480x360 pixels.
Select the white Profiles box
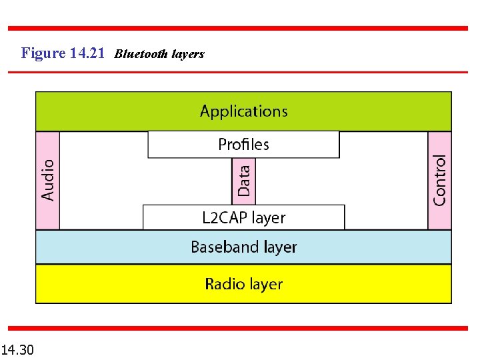(x=243, y=145)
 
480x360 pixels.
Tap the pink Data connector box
(x=244, y=181)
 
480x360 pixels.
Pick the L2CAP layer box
(x=244, y=217)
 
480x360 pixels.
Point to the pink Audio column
(x=47, y=180)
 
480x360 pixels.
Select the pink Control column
(x=439, y=180)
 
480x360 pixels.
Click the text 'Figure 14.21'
(x=63, y=53)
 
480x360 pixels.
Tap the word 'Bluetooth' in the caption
(x=141, y=54)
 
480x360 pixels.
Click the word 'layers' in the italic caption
(x=187, y=54)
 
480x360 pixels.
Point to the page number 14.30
(x=18, y=349)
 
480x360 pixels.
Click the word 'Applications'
(x=243, y=111)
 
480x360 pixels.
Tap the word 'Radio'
(x=225, y=285)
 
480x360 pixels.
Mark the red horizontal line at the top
(x=237, y=28)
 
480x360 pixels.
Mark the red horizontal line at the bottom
(x=237, y=328)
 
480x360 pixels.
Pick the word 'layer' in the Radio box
(x=266, y=285)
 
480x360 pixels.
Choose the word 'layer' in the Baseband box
(x=280, y=247)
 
